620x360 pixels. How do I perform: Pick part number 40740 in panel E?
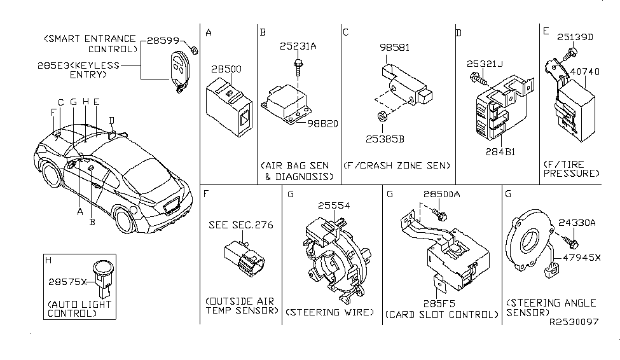tap(584, 72)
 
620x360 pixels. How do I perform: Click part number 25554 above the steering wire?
tap(334, 205)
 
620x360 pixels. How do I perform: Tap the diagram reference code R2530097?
tap(574, 322)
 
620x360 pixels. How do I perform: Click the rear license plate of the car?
tap(172, 207)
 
